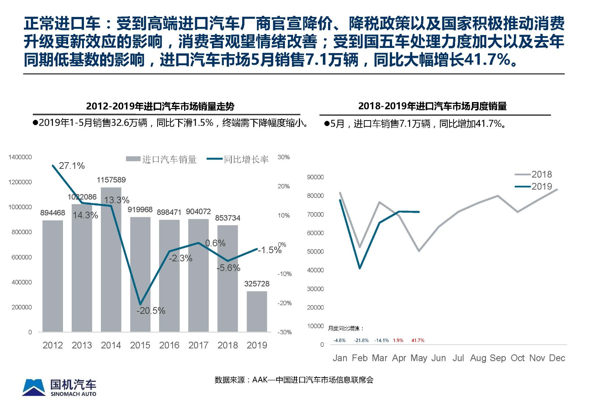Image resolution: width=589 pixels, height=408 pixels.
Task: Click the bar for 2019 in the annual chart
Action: (257, 311)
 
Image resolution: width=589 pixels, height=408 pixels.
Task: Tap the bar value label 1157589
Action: (111, 180)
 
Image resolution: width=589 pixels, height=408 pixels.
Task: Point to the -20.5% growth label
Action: (151, 311)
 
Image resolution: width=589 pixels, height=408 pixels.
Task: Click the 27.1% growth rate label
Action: (72, 166)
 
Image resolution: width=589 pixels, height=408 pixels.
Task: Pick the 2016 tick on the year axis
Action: (169, 345)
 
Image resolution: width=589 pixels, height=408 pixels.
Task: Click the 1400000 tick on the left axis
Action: (20, 157)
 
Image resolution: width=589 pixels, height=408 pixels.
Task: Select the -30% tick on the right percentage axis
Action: (284, 332)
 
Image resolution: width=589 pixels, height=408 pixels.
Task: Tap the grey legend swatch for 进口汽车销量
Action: (133, 159)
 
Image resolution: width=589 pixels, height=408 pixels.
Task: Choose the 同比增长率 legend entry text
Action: (246, 159)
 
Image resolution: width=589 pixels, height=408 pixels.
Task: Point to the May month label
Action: (419, 358)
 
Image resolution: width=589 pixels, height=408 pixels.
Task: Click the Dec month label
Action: (557, 358)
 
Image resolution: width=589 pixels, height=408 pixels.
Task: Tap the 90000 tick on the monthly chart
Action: (315, 177)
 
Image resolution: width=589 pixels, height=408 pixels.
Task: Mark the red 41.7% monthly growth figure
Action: (418, 341)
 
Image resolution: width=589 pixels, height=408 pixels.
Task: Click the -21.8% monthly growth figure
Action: (361, 341)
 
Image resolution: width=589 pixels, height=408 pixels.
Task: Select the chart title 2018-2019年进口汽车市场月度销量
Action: (432, 106)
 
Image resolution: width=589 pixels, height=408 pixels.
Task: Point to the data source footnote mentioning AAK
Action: (294, 380)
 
